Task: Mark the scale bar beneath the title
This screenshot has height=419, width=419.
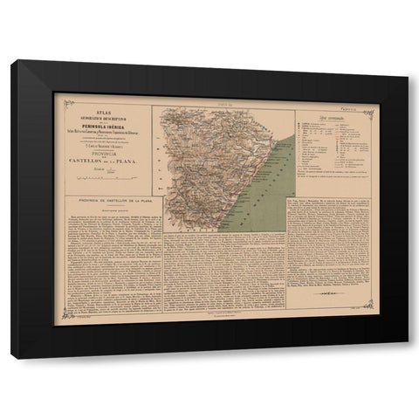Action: coord(104,176)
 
